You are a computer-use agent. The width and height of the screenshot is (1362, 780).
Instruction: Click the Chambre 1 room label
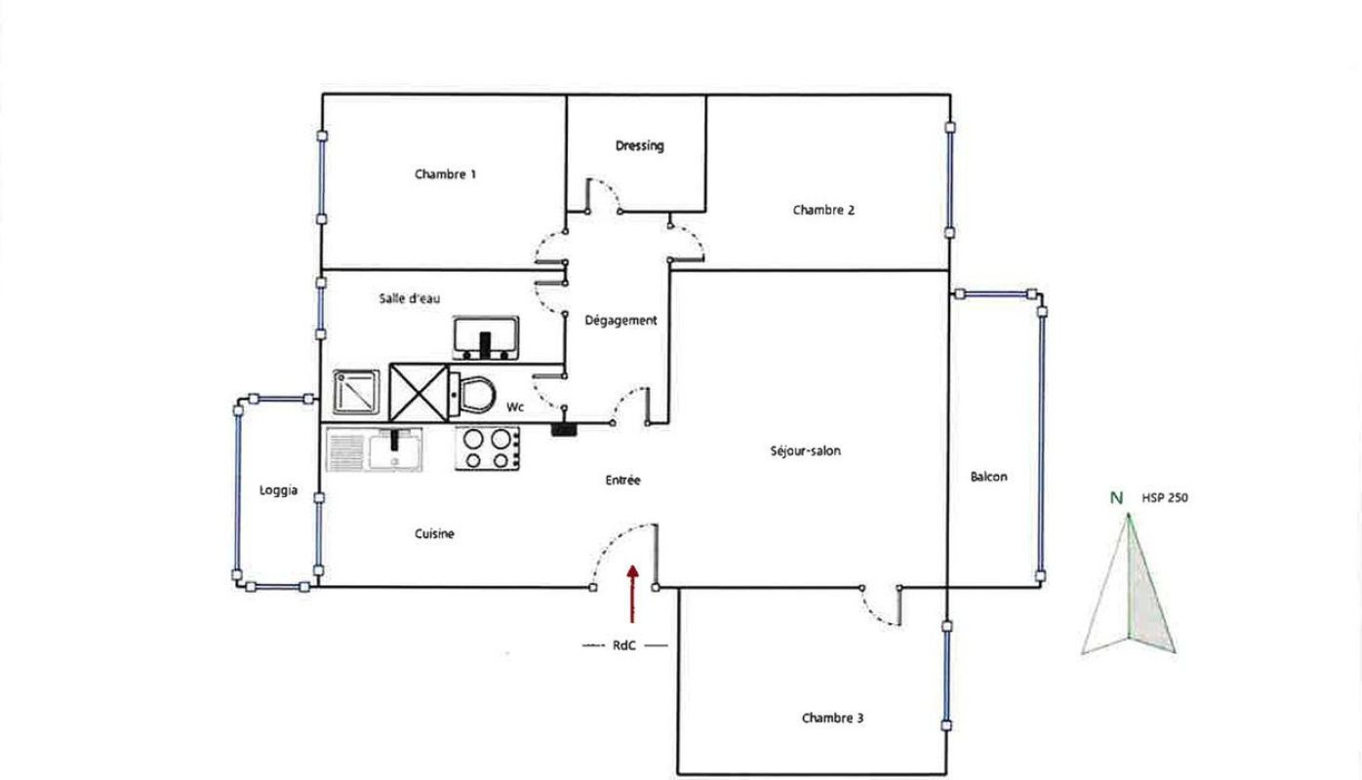445,175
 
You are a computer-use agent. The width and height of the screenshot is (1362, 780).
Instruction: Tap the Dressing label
640,146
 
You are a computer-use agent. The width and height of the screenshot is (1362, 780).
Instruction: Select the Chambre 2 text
823,211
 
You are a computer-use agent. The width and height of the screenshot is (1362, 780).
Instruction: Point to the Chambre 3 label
832,718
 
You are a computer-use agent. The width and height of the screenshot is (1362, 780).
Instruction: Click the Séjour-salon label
806,450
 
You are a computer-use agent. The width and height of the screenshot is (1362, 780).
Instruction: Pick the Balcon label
988,477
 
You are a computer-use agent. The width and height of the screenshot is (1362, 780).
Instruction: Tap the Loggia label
278,490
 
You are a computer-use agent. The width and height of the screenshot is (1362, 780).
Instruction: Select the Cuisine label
434,534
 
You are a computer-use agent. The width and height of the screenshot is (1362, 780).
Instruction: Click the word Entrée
622,480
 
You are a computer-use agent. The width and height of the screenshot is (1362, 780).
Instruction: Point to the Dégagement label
621,321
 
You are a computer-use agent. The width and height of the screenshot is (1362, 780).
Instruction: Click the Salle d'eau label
409,298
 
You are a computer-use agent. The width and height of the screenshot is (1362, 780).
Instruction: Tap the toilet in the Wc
472,394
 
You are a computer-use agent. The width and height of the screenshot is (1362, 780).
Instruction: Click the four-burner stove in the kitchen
488,448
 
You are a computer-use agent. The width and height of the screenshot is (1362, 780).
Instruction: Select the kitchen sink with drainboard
375,449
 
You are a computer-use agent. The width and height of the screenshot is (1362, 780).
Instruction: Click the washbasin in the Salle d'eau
486,337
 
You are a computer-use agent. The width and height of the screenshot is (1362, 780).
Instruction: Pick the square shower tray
356,392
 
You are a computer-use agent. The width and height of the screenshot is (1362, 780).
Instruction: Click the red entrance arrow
632,594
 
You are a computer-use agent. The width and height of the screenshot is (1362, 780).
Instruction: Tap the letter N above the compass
1116,498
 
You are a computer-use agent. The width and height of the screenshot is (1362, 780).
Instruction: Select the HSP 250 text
1165,498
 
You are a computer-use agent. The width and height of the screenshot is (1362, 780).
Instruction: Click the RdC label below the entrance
623,645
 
